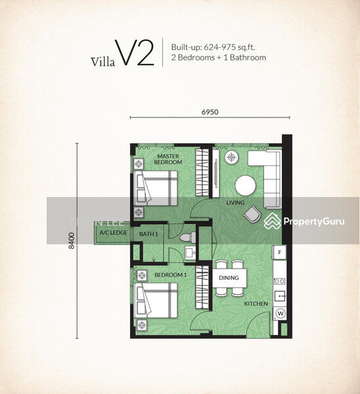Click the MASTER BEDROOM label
point(168,160)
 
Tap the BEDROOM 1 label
point(170,275)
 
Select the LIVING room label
point(235,202)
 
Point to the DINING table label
point(229,278)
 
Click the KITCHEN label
point(256,304)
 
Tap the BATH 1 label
point(148,234)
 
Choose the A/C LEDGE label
point(114,232)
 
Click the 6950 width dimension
point(210,112)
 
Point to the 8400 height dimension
point(72,241)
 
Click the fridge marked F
point(280,252)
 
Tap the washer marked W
point(281,313)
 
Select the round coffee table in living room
point(245,186)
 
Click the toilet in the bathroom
point(188,238)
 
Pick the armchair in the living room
point(252,214)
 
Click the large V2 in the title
point(135,53)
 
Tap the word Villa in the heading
point(103,62)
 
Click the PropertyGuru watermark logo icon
point(272,221)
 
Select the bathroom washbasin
point(191,253)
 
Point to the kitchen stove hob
point(280,281)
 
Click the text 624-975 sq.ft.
point(229,47)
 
